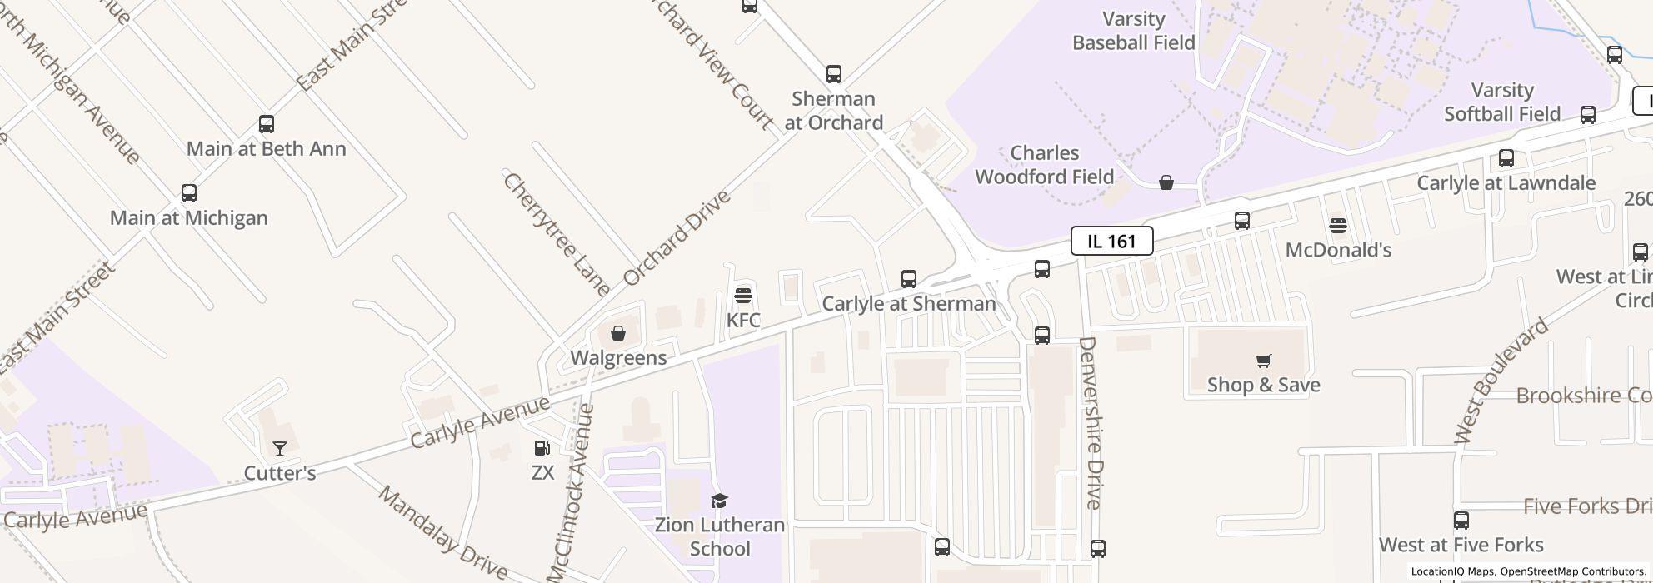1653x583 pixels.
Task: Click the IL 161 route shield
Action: (1111, 242)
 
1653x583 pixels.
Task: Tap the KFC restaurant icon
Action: (743, 295)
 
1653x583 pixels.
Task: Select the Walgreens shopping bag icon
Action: (618, 333)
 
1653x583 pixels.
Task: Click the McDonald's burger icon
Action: (1338, 225)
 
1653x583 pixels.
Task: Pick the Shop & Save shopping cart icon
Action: (1263, 361)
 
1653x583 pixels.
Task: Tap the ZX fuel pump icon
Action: (542, 448)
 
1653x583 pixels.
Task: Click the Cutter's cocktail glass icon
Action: (280, 449)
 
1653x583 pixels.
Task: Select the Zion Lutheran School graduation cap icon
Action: (719, 501)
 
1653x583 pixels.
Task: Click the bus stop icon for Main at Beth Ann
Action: (267, 124)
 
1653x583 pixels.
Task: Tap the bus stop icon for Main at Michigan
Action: (189, 193)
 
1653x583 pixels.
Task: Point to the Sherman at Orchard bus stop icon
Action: (833, 74)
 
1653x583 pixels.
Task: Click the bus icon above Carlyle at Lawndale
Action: (1506, 158)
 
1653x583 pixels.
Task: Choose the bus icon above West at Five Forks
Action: (1461, 521)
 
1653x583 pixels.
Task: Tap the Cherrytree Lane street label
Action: (557, 234)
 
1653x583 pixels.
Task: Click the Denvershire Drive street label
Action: (1092, 423)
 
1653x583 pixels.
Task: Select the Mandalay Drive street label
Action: (442, 532)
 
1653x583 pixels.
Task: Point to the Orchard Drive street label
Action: (677, 237)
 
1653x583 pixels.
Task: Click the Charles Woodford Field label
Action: (1044, 165)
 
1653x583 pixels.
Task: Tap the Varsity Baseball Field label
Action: (1133, 31)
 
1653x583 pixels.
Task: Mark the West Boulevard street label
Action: (1501, 380)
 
